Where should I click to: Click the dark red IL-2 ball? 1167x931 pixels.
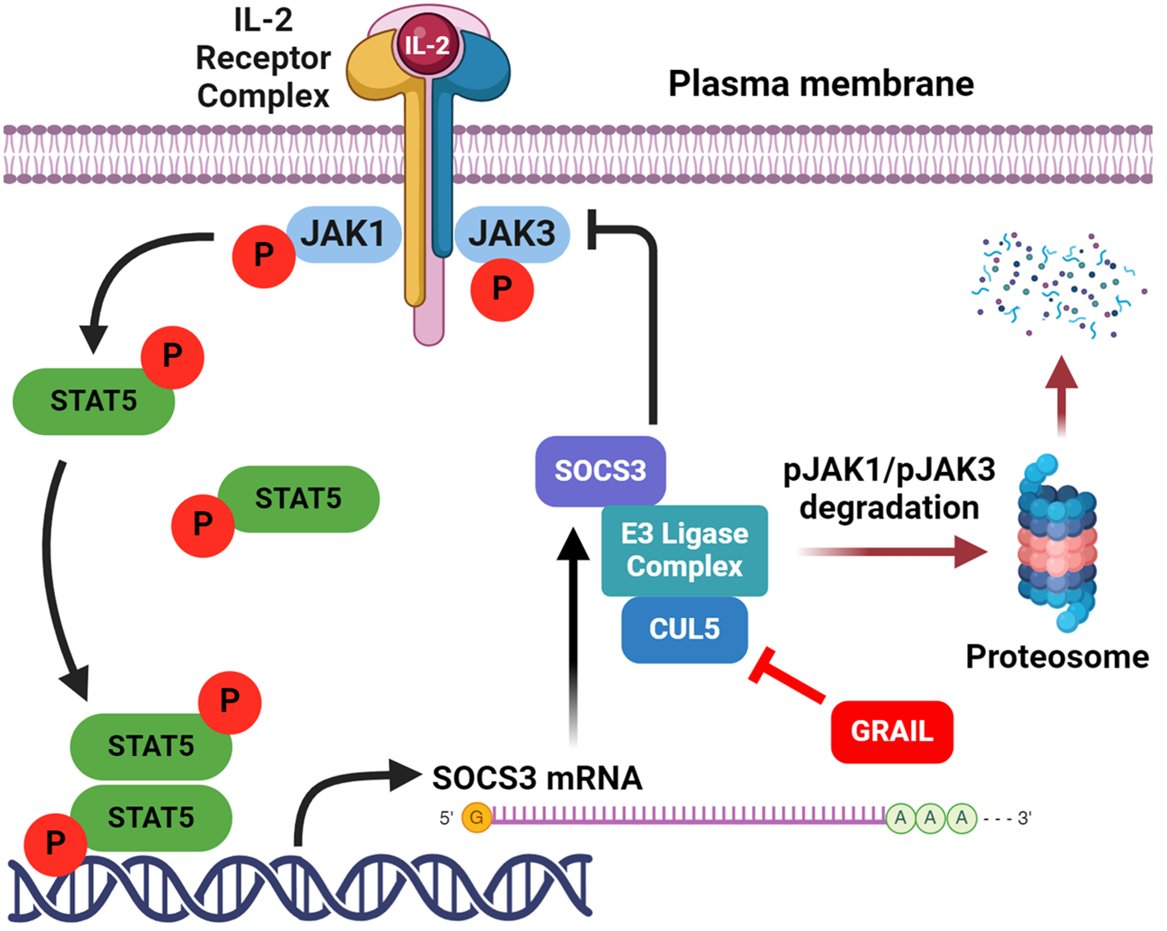point(427,44)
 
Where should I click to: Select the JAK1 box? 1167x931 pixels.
point(343,235)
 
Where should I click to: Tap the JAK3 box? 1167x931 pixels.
point(512,234)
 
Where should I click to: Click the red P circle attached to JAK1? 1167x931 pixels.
point(264,255)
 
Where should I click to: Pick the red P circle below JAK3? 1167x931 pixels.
point(502,289)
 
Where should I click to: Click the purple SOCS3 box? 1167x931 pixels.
point(600,471)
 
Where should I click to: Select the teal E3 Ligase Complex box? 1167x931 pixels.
point(684,550)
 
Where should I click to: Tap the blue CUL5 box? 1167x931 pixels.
point(684,630)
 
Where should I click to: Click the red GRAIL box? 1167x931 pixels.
point(892,731)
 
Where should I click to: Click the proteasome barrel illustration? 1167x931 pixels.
point(1057,543)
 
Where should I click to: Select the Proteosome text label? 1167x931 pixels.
point(1057,657)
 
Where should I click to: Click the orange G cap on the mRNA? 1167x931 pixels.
point(476,817)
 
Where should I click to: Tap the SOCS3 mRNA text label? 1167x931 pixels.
point(537,778)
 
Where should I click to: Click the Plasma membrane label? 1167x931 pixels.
point(820,84)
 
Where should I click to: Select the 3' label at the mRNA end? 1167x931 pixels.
point(1024,818)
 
